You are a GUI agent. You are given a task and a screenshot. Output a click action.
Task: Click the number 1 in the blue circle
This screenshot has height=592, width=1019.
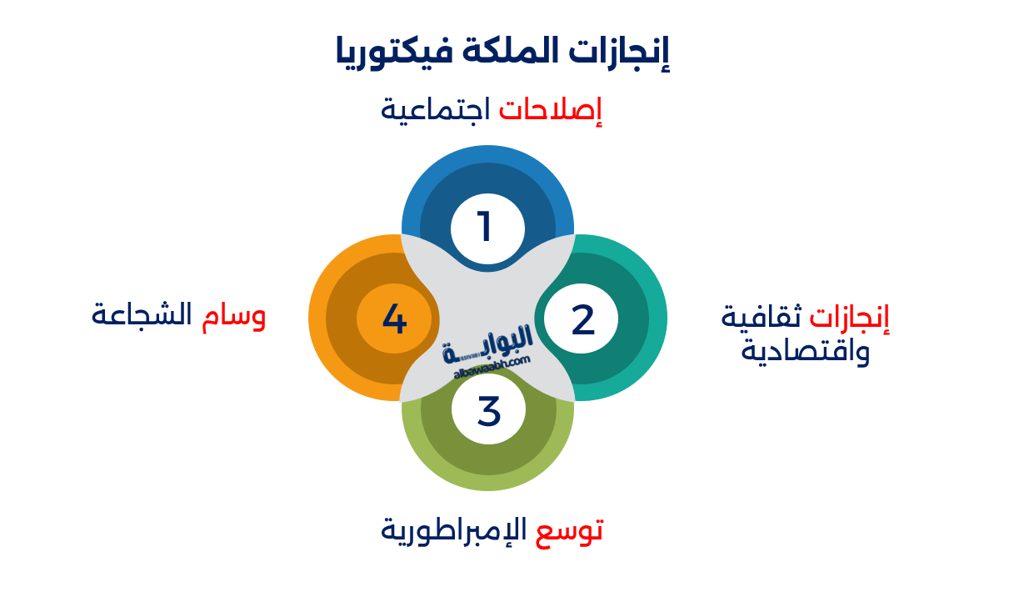pos(485,227)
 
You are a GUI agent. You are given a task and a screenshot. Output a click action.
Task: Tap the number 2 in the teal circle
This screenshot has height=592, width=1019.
pos(583,319)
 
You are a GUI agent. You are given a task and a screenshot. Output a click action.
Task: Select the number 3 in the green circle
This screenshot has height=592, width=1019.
pos(489,409)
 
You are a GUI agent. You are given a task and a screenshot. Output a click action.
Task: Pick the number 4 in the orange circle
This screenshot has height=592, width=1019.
pos(394,319)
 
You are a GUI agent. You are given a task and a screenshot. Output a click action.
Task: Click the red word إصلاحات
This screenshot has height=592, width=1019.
pos(551,111)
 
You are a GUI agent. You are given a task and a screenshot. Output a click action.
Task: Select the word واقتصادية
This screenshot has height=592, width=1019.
pos(806,351)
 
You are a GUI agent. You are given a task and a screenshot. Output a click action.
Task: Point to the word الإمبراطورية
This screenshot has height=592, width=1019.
pos(454,530)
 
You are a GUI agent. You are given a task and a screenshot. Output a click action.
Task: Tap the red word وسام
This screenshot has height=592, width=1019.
pos(234,315)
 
